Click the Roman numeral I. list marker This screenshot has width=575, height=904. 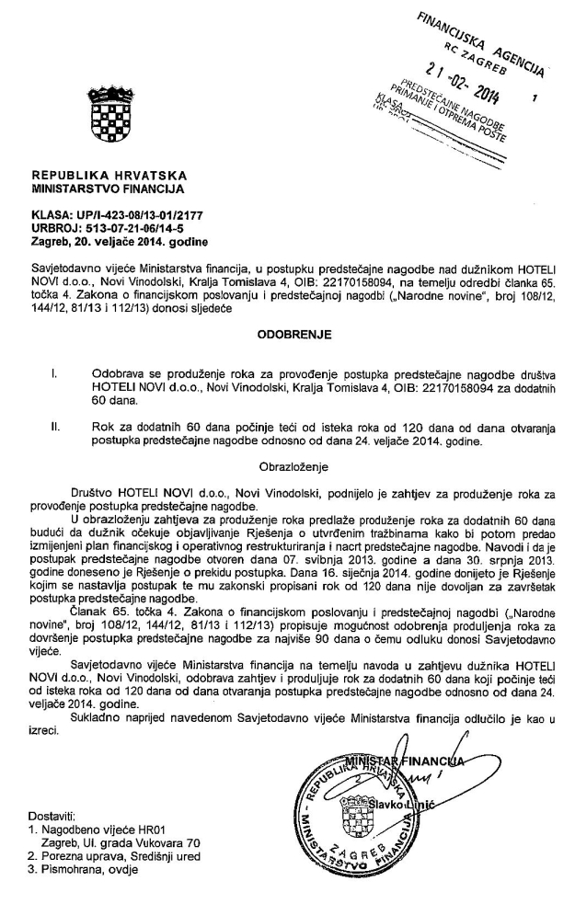click(x=57, y=375)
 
